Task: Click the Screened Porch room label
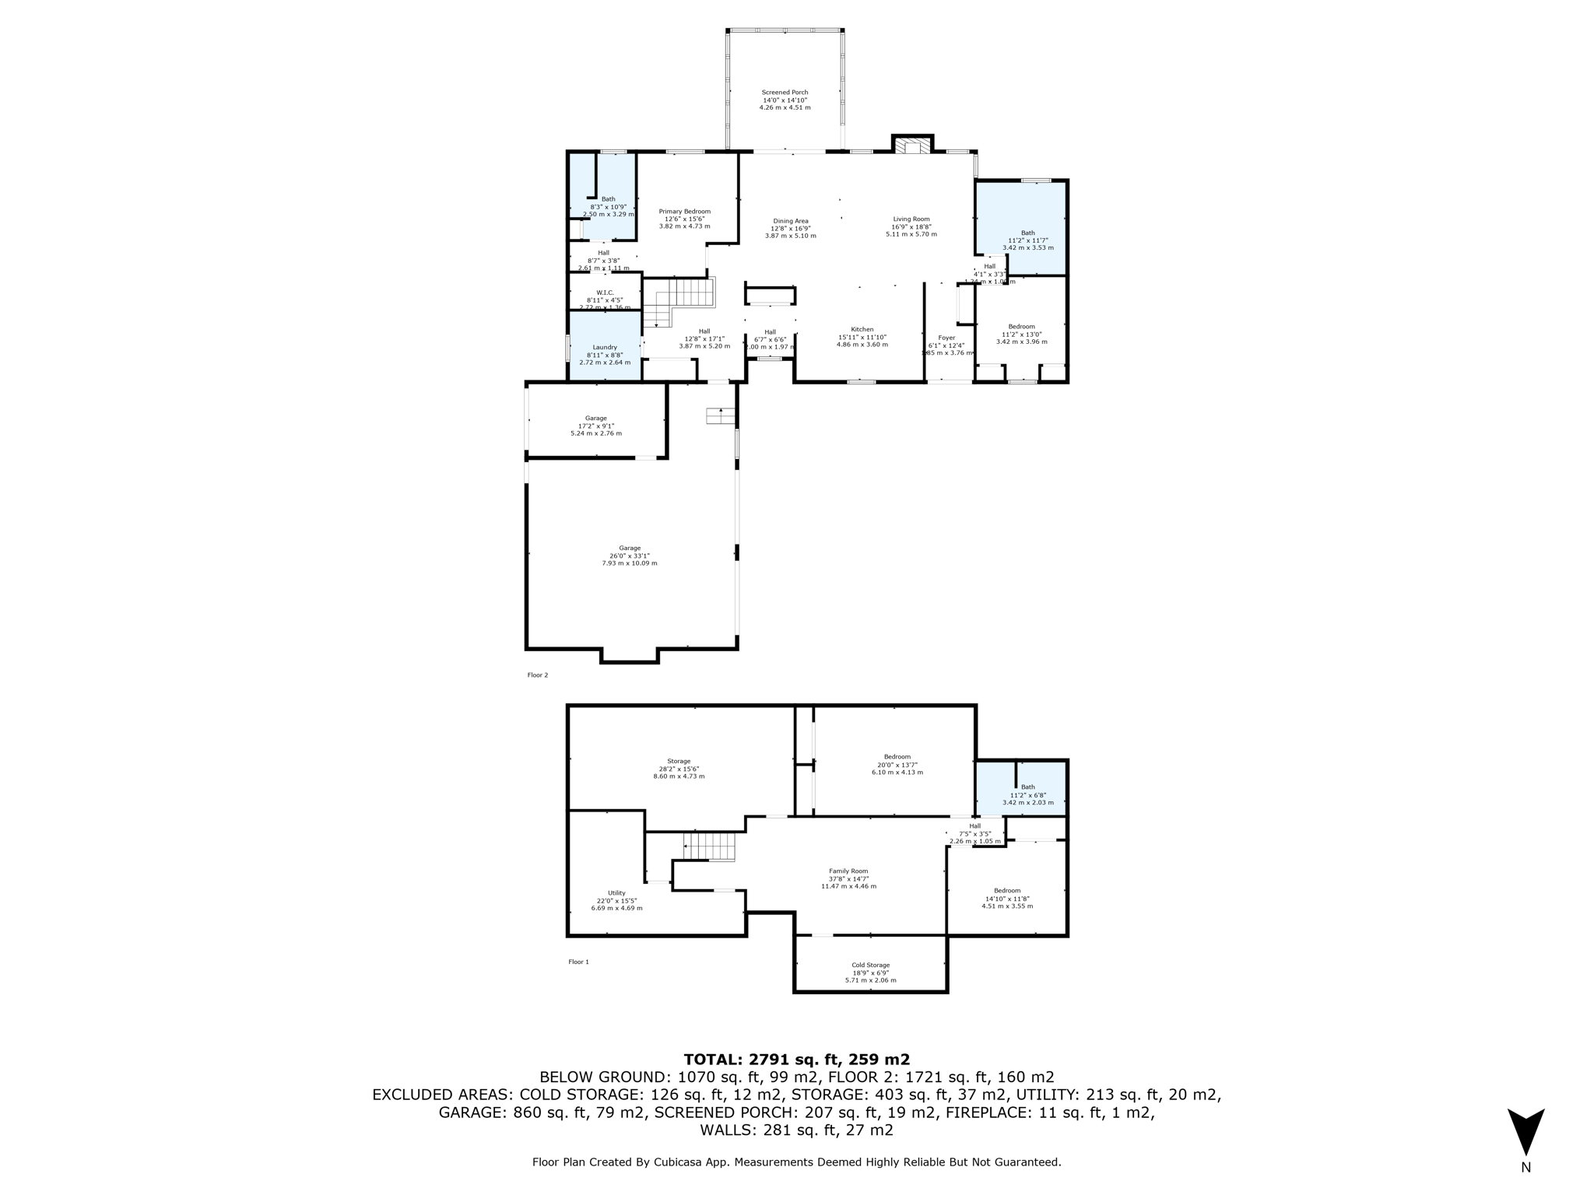click(x=785, y=100)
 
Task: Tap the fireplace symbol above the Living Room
click(x=912, y=146)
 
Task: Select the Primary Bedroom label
click(x=684, y=219)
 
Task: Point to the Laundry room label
click(x=605, y=355)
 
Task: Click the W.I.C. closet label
click(x=605, y=300)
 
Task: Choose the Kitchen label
click(x=862, y=337)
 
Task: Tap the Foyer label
click(x=946, y=345)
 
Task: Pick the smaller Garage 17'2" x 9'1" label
click(x=595, y=426)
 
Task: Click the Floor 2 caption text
click(x=537, y=675)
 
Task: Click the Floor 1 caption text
click(x=578, y=962)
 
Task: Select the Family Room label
click(x=848, y=878)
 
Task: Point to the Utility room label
click(x=616, y=900)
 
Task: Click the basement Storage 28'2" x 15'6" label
click(x=679, y=769)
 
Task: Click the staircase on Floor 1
click(x=708, y=846)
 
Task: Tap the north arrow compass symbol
click(x=1526, y=1133)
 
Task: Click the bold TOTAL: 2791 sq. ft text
click(x=796, y=1059)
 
